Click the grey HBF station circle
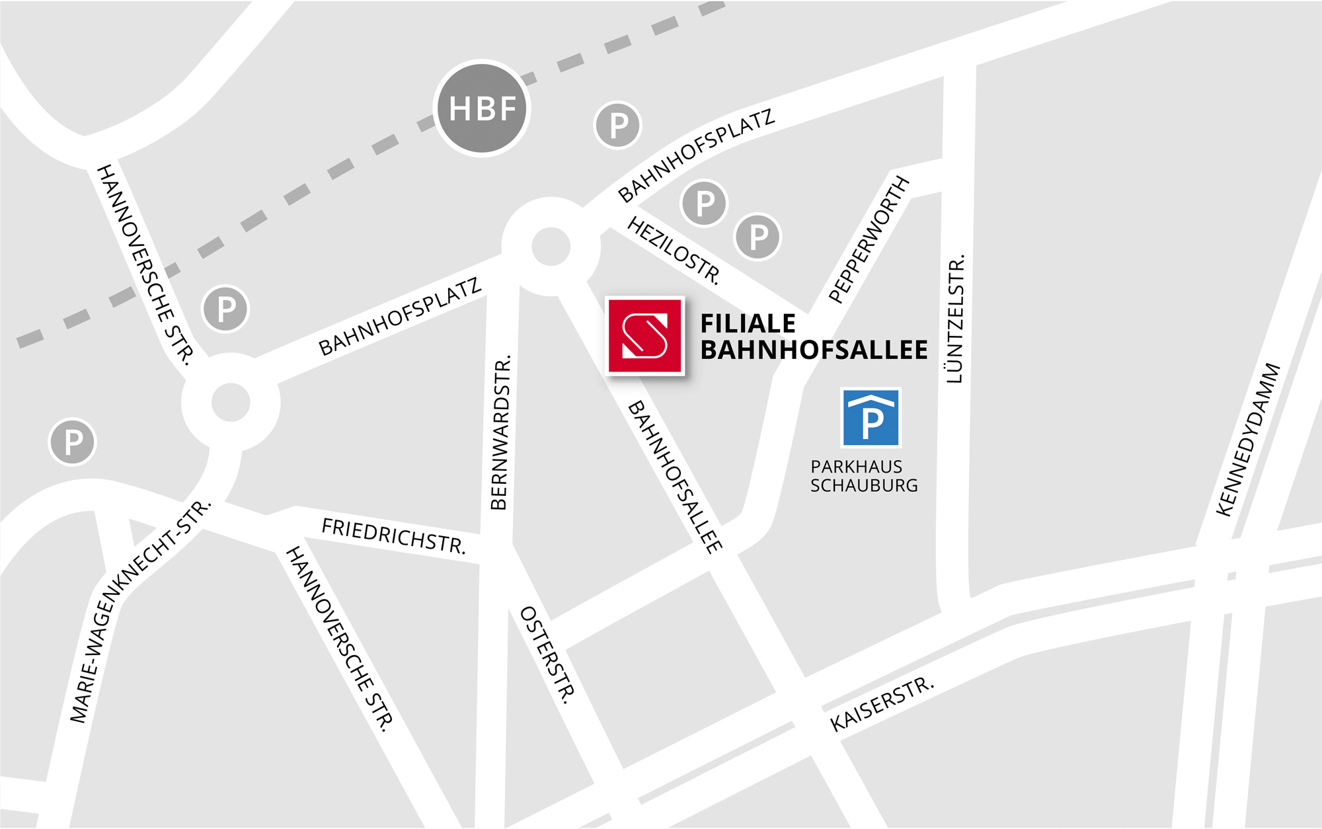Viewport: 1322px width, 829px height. point(482,108)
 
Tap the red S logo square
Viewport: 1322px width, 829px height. point(644,336)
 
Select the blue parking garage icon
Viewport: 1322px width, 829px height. point(871,418)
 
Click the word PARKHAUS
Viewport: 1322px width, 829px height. point(856,467)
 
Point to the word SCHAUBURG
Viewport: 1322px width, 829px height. point(864,486)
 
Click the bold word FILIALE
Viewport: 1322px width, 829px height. point(748,324)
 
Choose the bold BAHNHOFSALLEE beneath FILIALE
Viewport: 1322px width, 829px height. point(814,350)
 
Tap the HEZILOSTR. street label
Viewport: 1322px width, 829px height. point(674,250)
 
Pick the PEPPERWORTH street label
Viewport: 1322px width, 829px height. point(869,239)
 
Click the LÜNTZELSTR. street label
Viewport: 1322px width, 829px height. point(956,319)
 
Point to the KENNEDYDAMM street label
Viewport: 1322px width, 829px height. point(1249,440)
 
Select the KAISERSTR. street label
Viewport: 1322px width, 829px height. point(882,704)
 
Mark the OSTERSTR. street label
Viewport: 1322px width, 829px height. point(547,654)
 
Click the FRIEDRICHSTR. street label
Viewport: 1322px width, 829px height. point(393,535)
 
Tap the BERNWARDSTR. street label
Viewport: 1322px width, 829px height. point(500,434)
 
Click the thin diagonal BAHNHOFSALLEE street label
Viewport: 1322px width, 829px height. point(675,477)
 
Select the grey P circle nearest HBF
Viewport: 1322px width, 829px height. point(618,125)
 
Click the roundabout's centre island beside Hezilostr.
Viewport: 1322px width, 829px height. point(551,247)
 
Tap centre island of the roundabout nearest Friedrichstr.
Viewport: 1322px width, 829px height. point(231,402)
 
